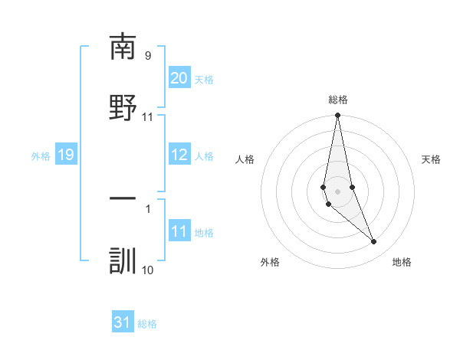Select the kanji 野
click(x=123, y=106)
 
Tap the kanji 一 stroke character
click(x=123, y=198)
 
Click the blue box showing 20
click(x=179, y=78)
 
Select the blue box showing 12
click(x=179, y=155)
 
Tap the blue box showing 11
click(x=179, y=231)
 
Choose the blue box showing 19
click(x=65, y=155)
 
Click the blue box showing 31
click(x=123, y=322)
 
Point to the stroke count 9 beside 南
click(x=147, y=55)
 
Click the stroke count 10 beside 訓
click(x=147, y=270)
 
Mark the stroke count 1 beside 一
click(x=147, y=208)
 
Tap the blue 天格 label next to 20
click(x=204, y=80)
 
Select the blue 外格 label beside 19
click(x=41, y=156)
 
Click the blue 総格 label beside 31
click(x=147, y=324)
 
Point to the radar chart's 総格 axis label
click(x=337, y=100)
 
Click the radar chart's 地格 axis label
click(x=402, y=262)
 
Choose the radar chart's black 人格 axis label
click(x=245, y=159)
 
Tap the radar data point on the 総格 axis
click(x=337, y=116)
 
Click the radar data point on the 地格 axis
click(x=374, y=242)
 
